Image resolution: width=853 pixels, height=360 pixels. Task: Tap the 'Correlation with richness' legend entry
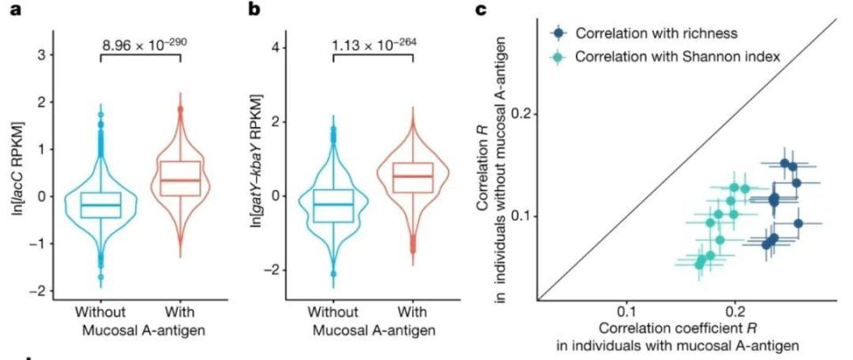pos(639,34)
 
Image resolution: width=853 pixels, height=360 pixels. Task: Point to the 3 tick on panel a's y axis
pos(39,55)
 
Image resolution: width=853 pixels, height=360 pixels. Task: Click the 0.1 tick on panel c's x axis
pos(627,311)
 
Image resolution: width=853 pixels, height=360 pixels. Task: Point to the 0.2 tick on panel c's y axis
pos(523,114)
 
